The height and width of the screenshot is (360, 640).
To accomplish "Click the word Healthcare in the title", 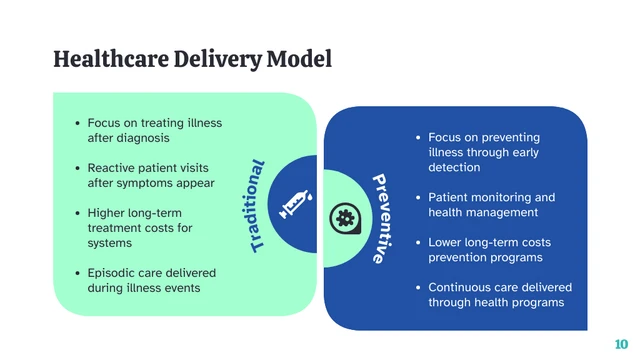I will click(x=103, y=59).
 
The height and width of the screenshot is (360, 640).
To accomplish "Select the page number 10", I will click(x=621, y=344).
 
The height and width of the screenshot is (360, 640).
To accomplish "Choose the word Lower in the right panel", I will click(x=446, y=243).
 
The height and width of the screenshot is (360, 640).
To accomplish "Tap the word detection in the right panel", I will click(x=454, y=167).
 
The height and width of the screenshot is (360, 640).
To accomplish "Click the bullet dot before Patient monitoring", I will click(x=417, y=198).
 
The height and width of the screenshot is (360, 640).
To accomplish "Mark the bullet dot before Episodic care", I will click(x=77, y=273).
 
